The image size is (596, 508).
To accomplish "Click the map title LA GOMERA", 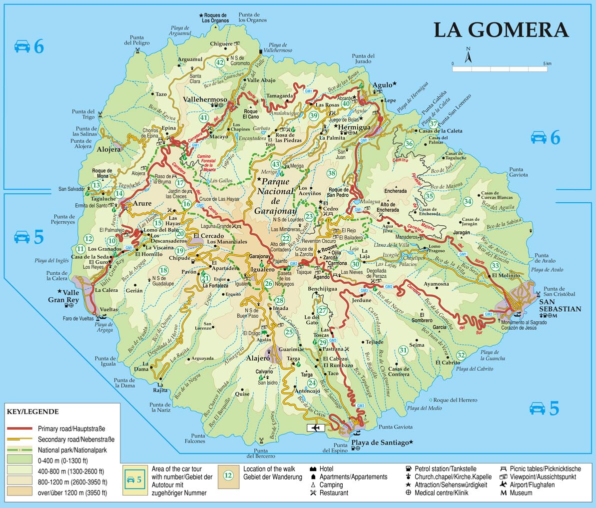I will click(501, 30).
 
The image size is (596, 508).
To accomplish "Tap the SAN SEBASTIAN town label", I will click(560, 306).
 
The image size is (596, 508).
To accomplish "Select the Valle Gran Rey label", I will click(70, 296).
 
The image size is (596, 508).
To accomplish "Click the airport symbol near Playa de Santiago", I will click(315, 428).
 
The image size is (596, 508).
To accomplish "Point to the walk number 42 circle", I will click(220, 62).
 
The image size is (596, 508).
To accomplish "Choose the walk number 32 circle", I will click(461, 355).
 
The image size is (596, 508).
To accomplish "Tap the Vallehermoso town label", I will click(205, 99).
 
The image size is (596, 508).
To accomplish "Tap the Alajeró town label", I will click(258, 358).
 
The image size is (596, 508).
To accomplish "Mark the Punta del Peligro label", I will click(137, 40).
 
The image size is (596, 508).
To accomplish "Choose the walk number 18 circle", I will click(163, 270).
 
